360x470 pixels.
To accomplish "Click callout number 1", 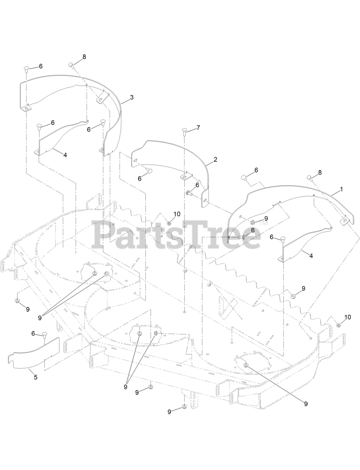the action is tap(341, 189).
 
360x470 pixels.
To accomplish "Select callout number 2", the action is tap(215, 159).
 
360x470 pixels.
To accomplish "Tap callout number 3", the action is tap(131, 97).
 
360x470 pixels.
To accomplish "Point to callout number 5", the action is tap(36, 377).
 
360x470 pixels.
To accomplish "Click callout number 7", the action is tap(198, 128).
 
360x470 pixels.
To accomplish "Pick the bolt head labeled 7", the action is tap(185, 131).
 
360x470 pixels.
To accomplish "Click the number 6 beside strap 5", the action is tap(33, 333).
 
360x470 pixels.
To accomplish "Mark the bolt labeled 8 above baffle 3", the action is tap(71, 65).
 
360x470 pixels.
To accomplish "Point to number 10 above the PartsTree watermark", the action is tap(177, 214).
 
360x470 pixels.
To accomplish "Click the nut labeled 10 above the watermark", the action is tap(169, 223).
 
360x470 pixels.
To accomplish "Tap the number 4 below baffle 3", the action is tap(65, 155).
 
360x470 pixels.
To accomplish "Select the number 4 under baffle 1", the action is tap(311, 256).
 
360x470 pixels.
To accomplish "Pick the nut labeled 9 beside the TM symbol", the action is tap(253, 223).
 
